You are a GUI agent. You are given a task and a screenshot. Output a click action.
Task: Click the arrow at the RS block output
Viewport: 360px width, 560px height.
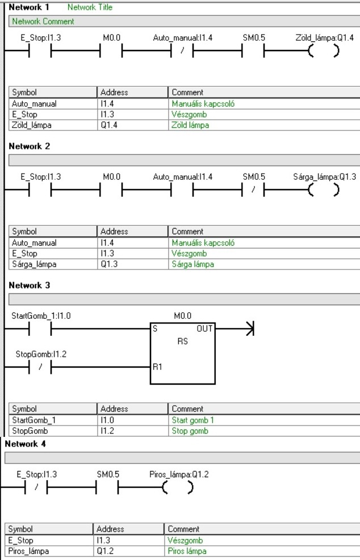(246, 328)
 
